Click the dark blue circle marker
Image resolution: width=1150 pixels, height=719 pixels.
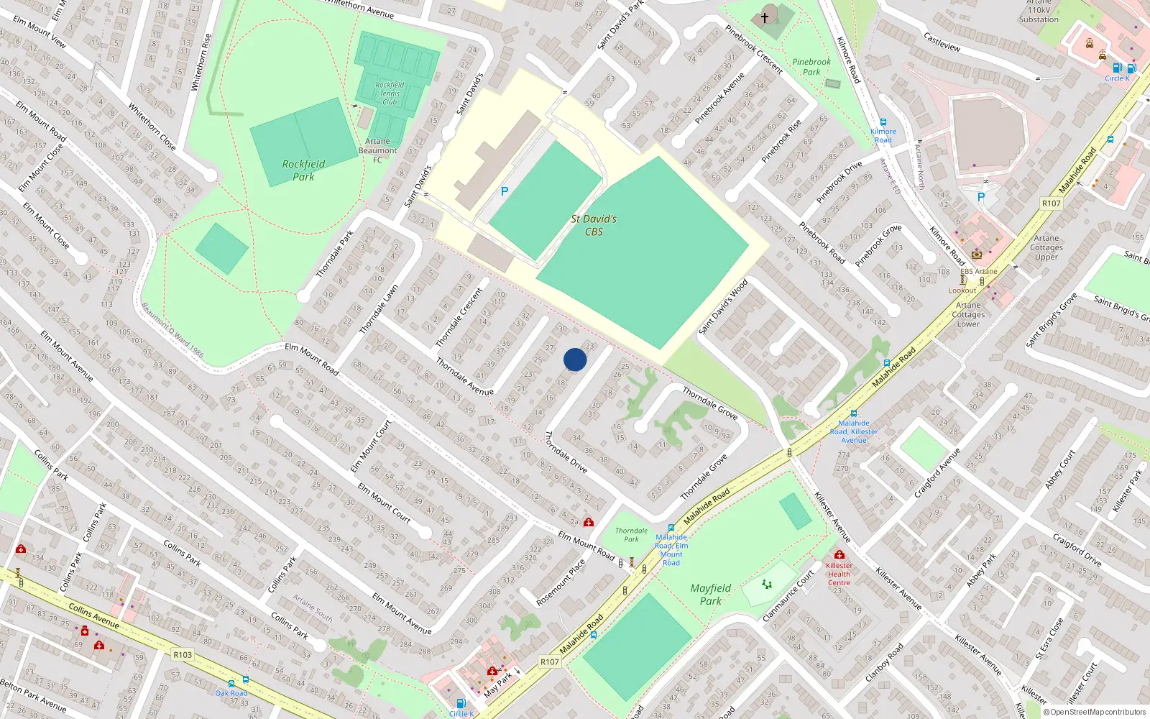point(575,359)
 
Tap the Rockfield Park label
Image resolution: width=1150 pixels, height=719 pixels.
point(303,170)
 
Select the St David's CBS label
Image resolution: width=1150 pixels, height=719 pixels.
point(594,225)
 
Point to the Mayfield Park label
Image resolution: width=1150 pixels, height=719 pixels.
point(710,595)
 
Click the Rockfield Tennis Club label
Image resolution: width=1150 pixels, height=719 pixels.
point(390,93)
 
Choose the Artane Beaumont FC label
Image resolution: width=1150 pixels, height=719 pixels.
point(377,150)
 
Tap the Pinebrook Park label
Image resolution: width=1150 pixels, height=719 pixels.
point(811,67)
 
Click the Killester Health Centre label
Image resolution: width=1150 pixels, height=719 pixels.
point(839,574)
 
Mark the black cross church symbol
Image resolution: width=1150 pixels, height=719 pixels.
point(765,17)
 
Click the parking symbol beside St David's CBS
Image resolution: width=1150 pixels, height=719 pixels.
point(505,191)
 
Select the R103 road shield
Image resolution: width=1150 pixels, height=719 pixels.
point(183,655)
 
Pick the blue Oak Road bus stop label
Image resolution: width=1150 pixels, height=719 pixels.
point(231,693)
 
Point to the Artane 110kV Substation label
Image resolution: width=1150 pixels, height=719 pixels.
point(1039,11)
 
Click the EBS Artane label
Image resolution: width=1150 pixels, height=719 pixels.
point(979,272)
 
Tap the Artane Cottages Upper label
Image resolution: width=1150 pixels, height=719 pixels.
point(1046,247)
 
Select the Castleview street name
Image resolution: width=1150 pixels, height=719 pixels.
point(942,42)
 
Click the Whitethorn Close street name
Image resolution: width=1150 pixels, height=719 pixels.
point(152,127)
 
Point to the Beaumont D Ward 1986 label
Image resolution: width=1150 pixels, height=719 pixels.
point(172,330)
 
